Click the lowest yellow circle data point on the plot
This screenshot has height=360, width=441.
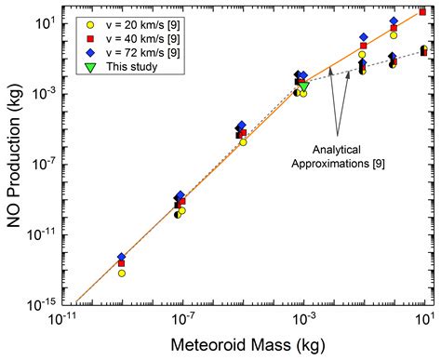click(122, 273)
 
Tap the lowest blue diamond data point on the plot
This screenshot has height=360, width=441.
click(122, 256)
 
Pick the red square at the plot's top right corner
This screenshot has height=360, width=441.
click(423, 12)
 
